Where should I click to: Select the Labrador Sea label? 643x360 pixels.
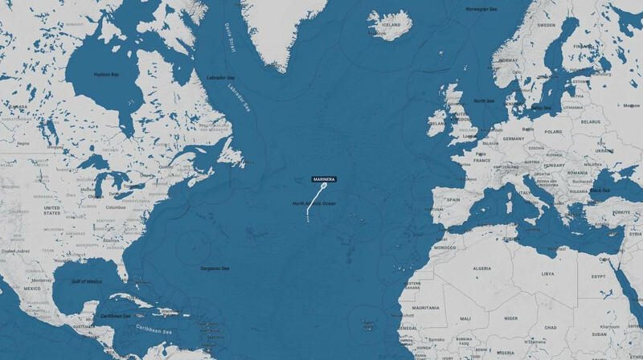click(x=219, y=77)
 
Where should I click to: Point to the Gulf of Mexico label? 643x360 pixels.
click(x=84, y=281)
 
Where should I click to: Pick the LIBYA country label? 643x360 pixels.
click(x=548, y=273)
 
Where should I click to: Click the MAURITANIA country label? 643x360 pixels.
click(x=427, y=308)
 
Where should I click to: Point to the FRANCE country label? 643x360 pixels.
click(x=481, y=160)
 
